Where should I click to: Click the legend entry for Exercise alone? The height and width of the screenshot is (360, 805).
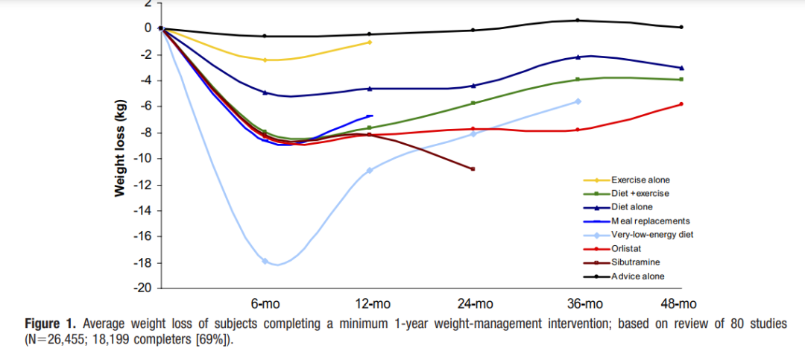(641, 180)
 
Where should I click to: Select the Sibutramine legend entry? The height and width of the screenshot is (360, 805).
(636, 262)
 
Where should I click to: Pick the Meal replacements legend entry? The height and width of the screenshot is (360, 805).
(651, 221)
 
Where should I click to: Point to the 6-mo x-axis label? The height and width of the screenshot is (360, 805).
(265, 304)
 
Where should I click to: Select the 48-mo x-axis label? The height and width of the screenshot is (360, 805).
(679, 304)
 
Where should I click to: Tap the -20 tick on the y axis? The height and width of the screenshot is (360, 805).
(142, 289)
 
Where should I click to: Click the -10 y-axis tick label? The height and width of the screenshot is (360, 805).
(142, 159)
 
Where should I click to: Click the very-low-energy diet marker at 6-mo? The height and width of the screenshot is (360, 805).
(265, 261)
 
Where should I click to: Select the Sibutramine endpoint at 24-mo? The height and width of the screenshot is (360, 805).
(473, 169)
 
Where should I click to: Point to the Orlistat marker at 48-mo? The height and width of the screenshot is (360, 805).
(681, 104)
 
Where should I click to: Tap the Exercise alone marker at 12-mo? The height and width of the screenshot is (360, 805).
(370, 42)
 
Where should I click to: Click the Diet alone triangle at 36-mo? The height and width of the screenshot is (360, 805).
(578, 57)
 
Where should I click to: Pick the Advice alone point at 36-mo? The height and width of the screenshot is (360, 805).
(578, 21)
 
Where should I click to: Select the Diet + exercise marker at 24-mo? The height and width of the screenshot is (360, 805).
(473, 103)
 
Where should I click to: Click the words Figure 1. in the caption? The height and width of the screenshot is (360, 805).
(51, 324)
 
